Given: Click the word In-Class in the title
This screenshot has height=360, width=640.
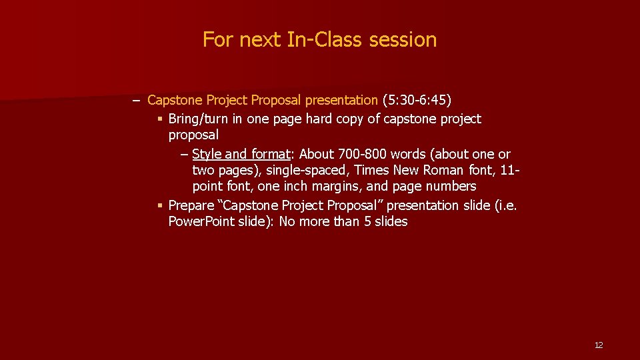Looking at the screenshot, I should [x=325, y=39].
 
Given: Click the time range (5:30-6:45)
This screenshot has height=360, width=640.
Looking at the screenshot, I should [x=417, y=100].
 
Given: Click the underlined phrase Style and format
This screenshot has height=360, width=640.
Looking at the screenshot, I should [x=241, y=154].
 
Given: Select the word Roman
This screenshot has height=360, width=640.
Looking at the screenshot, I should [x=440, y=170].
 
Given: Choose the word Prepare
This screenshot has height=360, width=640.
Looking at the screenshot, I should [x=191, y=205].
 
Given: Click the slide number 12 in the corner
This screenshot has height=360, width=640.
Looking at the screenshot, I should [x=598, y=345].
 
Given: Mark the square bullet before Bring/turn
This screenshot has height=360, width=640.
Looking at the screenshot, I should [x=160, y=119].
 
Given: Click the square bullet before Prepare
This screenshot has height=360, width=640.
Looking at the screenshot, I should [x=160, y=206].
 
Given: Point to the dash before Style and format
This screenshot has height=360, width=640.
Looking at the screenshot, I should [x=184, y=154].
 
